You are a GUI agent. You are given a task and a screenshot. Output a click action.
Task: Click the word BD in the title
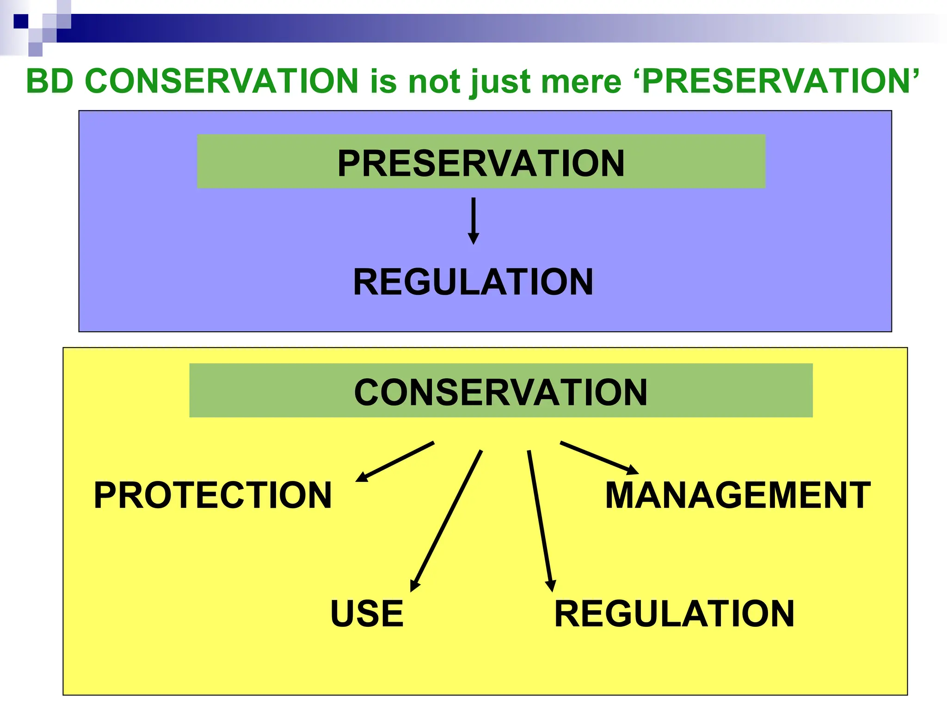click(50, 81)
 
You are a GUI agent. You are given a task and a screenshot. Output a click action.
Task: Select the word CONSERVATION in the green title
click(222, 81)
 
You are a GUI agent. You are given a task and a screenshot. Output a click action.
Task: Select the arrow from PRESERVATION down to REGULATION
click(473, 221)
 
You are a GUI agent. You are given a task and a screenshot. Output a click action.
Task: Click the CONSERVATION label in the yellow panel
click(501, 392)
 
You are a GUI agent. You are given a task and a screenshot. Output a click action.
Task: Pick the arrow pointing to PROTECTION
click(395, 462)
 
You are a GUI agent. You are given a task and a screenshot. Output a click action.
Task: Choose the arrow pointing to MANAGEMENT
click(599, 458)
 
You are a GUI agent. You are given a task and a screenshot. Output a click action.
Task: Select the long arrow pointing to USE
click(447, 521)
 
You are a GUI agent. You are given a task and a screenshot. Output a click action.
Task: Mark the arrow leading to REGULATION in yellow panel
click(540, 521)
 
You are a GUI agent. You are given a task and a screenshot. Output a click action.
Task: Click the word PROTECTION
click(213, 495)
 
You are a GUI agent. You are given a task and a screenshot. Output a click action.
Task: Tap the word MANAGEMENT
click(738, 495)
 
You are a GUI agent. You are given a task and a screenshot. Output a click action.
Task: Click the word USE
click(367, 613)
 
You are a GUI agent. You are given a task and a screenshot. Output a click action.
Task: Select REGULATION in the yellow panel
click(674, 613)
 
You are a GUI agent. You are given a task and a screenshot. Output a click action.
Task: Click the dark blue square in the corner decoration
click(21, 21)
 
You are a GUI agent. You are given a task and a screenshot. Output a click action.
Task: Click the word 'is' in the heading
click(383, 81)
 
